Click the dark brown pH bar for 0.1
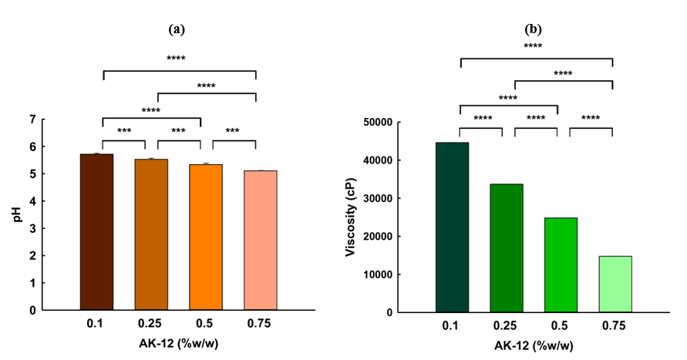pyautogui.click(x=96, y=232)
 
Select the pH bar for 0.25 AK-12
pyautogui.click(x=151, y=234)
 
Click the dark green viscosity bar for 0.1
pyautogui.click(x=452, y=227)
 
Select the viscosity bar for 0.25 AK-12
pyautogui.click(x=507, y=248)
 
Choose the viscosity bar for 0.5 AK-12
pyautogui.click(x=561, y=265)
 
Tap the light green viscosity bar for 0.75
pyautogui.click(x=615, y=284)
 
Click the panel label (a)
pyautogui.click(x=177, y=30)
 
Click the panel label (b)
pyautogui.click(x=534, y=30)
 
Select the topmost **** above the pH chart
pyautogui.click(x=177, y=59)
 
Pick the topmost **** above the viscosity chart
pyautogui.click(x=533, y=46)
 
